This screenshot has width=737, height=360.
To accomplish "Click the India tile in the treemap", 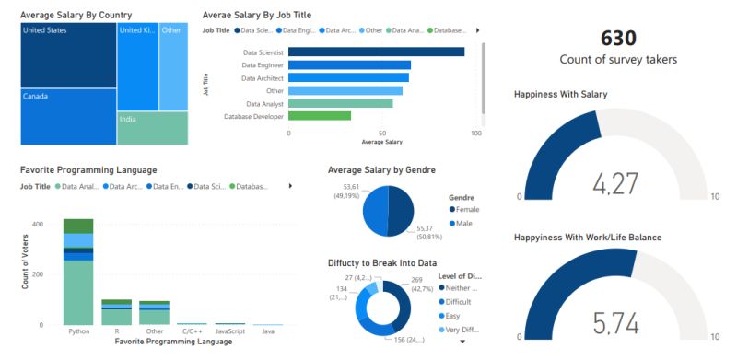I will click(x=153, y=128).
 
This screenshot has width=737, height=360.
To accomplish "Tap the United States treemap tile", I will click(x=68, y=54).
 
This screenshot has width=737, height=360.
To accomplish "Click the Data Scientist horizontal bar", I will click(x=376, y=52).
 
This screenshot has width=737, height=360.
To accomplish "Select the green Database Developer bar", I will click(x=320, y=116).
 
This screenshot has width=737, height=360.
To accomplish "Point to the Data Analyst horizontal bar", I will click(x=340, y=103).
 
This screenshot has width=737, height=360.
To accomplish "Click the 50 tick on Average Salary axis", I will click(x=382, y=134).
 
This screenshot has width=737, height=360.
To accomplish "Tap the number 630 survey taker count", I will click(x=618, y=39).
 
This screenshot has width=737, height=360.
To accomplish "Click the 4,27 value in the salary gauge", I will click(x=615, y=184).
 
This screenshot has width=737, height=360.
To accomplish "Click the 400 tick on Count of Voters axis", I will click(x=38, y=224).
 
